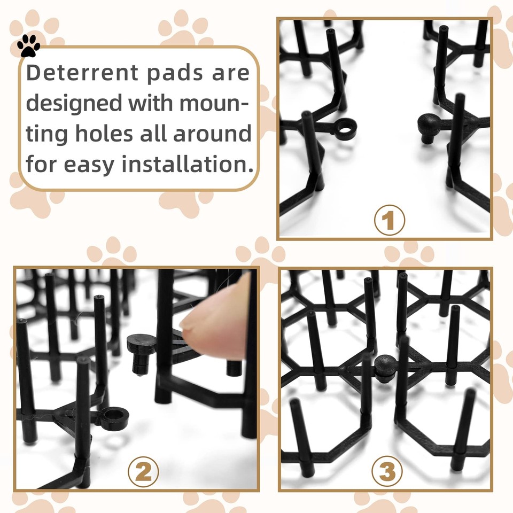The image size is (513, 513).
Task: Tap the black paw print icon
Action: click(x=28, y=46)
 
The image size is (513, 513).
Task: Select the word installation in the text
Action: click(x=187, y=164)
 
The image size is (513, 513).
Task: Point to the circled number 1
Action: click(x=389, y=220)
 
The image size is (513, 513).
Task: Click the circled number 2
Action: click(x=143, y=471)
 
